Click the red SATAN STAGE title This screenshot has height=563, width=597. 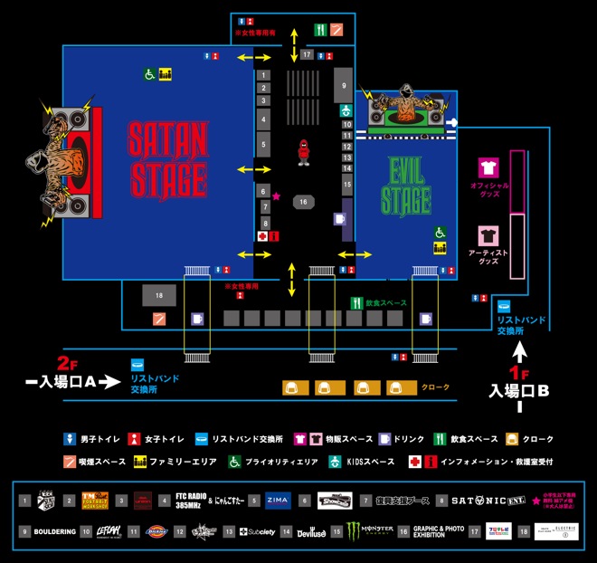[x=167, y=159]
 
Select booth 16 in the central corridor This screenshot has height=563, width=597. [x=304, y=202]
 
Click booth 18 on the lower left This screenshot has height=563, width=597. [x=158, y=295]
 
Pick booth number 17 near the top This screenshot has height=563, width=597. [x=307, y=55]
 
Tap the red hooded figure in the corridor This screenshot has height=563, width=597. [x=304, y=152]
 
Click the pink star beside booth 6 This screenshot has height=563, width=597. [x=277, y=196]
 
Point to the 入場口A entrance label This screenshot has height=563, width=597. [x=67, y=383]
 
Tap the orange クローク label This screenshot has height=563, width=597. [x=436, y=387]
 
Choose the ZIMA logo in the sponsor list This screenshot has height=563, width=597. [x=277, y=499]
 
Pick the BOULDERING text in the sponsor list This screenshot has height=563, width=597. [x=55, y=532]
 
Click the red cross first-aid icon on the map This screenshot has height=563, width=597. [x=262, y=236]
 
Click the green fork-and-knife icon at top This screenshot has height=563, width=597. [x=320, y=29]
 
